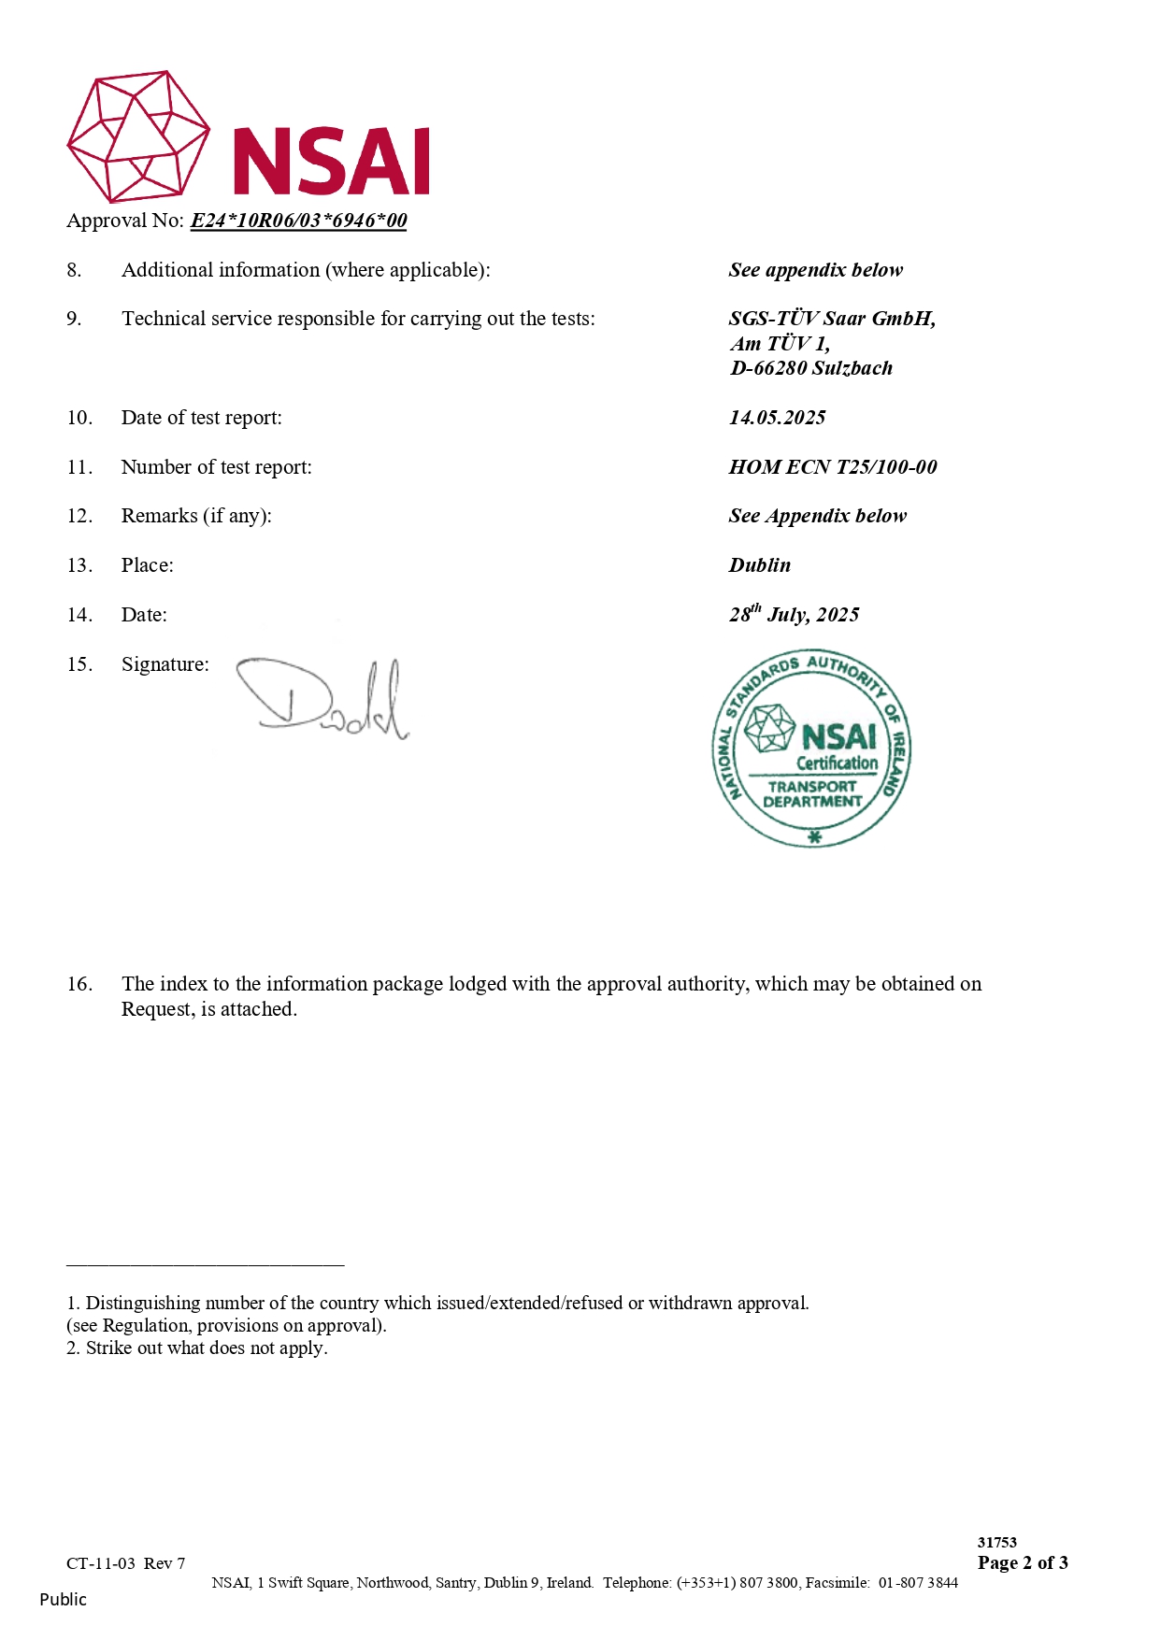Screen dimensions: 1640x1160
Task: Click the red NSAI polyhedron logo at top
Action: tap(138, 136)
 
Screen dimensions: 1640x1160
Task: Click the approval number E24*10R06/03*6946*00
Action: tap(298, 221)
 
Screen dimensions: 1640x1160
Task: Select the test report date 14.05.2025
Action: tap(777, 418)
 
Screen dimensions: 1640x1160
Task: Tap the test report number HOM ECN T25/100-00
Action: tap(832, 467)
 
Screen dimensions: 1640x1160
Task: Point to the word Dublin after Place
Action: tap(759, 565)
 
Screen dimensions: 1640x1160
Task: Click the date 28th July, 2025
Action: tap(794, 614)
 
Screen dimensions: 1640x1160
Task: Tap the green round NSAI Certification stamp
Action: tap(811, 749)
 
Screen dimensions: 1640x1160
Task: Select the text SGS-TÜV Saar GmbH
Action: tap(831, 319)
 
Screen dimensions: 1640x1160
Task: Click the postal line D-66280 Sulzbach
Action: tap(810, 368)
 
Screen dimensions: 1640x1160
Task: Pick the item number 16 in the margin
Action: tap(79, 984)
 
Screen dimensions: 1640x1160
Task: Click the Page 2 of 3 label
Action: tap(1023, 1562)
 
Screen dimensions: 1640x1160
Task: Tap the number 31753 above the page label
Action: tap(996, 1542)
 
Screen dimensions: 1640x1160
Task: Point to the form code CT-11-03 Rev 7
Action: tap(125, 1563)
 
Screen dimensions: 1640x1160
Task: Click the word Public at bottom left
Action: tap(63, 1599)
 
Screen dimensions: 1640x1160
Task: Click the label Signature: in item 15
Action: tap(165, 664)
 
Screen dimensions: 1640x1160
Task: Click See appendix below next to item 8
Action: tap(815, 270)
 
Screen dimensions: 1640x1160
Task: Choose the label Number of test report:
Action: tap(216, 467)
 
